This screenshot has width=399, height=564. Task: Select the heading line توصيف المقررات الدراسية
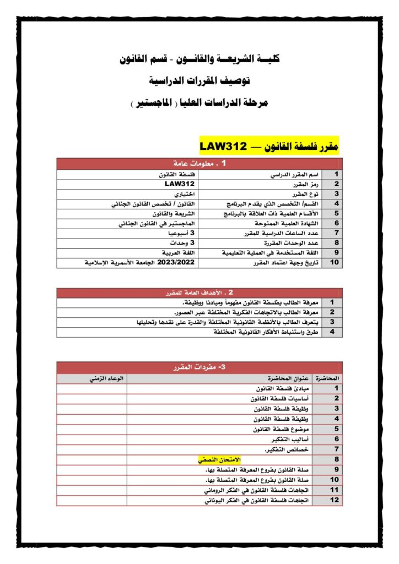(199, 81)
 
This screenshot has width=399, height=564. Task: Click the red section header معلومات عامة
(200, 164)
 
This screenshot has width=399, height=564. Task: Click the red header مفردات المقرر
(200, 367)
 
